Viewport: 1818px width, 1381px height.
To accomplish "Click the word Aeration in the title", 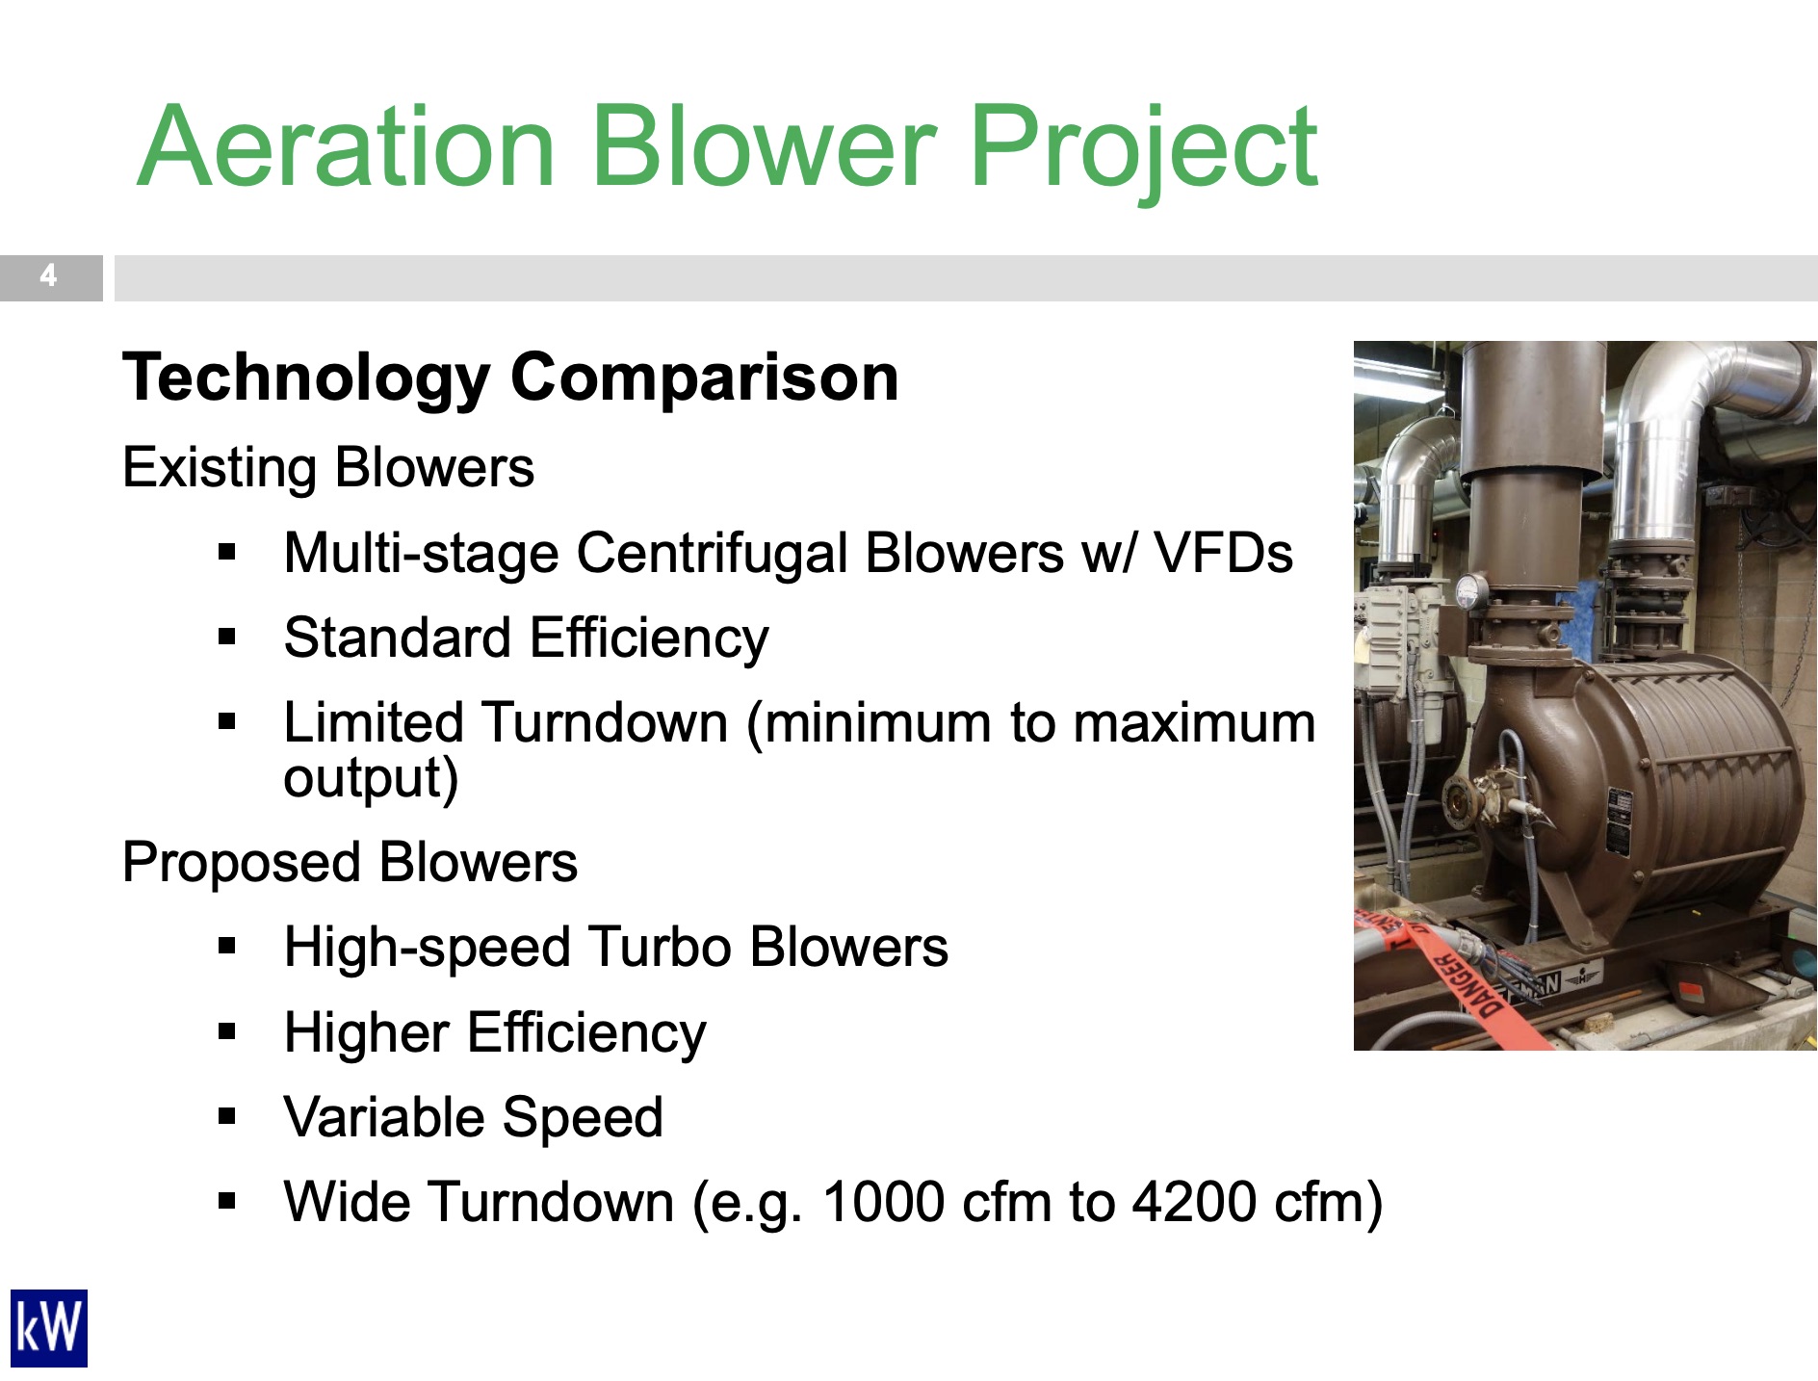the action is [348, 146].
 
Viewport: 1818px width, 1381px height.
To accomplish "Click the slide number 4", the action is [48, 276].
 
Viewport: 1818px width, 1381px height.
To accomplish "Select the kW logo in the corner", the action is [49, 1328].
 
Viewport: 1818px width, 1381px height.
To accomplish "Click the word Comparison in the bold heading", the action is [705, 378].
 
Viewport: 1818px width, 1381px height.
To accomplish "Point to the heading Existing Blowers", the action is [328, 468].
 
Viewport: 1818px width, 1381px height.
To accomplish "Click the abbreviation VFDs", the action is [1223, 554].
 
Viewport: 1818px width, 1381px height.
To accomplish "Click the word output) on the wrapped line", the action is [371, 778].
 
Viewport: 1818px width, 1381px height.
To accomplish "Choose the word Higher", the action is [367, 1033].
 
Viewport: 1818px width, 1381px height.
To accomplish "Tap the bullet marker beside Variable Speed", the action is [227, 1117].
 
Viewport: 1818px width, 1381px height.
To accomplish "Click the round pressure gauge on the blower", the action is [1470, 591].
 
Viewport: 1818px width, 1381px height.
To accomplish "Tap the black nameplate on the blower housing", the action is [1619, 821].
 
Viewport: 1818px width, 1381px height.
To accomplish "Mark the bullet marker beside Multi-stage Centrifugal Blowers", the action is [227, 553].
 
